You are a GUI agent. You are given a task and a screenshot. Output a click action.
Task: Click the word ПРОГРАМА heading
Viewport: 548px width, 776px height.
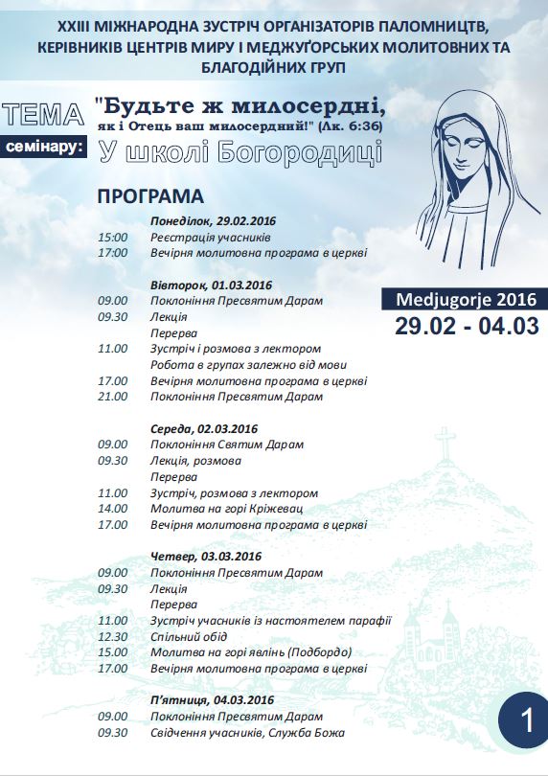point(150,196)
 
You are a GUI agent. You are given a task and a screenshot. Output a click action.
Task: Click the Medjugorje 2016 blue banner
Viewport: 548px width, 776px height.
point(466,299)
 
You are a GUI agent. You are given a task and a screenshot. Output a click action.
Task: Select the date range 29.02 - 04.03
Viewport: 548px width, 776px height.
point(467,326)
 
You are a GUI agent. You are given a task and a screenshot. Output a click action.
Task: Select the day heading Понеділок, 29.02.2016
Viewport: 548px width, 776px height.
point(213,220)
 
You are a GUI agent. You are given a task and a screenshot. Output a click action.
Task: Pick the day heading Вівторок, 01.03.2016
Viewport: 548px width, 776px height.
point(211,285)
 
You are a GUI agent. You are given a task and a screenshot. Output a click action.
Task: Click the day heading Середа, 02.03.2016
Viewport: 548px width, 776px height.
point(204,428)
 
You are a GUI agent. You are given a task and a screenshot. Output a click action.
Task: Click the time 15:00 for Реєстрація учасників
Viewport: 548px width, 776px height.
point(112,237)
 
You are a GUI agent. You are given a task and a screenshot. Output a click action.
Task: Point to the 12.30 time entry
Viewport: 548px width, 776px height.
point(112,636)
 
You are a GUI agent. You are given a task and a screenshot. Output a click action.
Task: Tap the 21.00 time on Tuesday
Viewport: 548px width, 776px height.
point(112,397)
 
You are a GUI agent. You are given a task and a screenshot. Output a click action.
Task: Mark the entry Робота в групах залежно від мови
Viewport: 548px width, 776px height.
point(247,365)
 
